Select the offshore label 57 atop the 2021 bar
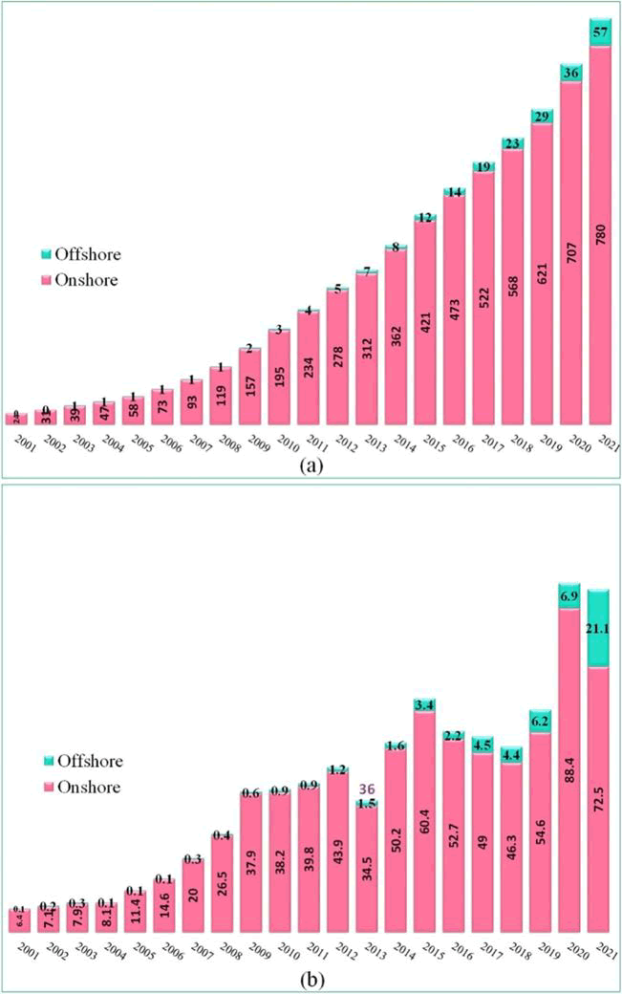pyautogui.click(x=600, y=32)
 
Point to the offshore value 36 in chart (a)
pyautogui.click(x=570, y=72)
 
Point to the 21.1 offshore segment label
pyautogui.click(x=599, y=627)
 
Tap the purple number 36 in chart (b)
pyautogui.click(x=367, y=789)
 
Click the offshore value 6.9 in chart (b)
pyautogui.click(x=570, y=595)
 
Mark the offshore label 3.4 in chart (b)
pyautogui.click(x=425, y=705)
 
